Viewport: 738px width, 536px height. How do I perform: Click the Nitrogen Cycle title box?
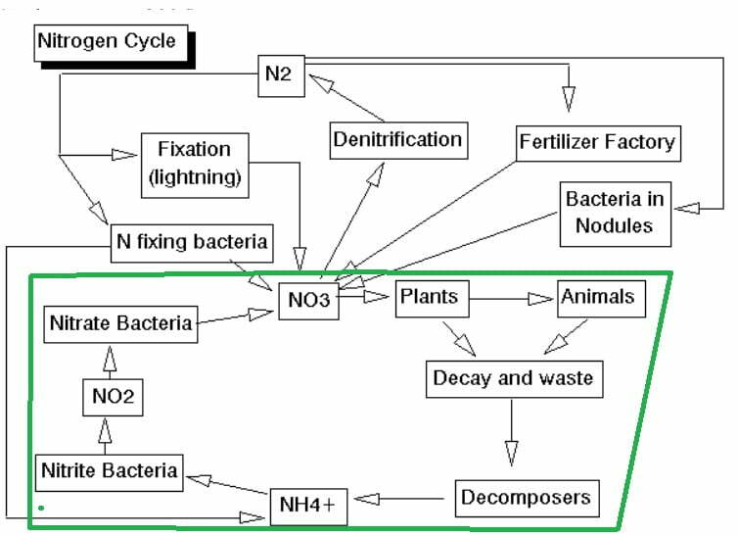pos(107,41)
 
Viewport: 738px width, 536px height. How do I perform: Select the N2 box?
pos(282,73)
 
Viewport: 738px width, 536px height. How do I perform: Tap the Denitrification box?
pos(396,139)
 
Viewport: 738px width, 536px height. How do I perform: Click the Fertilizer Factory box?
pos(597,141)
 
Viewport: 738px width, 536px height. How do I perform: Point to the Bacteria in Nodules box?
pos(615,213)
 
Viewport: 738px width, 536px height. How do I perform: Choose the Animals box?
pos(602,296)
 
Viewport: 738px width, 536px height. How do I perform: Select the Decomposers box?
pos(526,497)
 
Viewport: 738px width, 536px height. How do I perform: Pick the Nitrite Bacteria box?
pos(109,469)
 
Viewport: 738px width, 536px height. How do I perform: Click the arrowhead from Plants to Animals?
pos(541,297)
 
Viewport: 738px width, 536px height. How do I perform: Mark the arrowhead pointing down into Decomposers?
pos(510,452)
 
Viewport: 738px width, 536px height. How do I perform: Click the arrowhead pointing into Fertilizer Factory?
pos(568,99)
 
